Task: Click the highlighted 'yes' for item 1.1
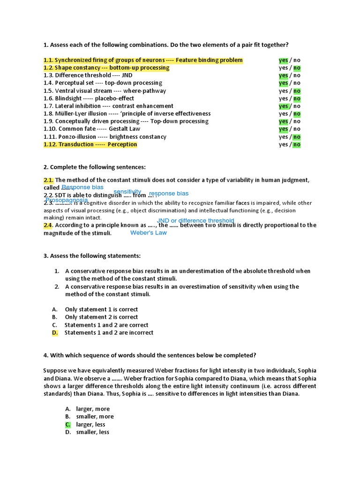283,60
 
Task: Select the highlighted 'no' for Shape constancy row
297,68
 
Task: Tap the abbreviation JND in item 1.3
127,75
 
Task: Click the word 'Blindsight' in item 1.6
70,98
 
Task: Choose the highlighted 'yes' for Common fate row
283,129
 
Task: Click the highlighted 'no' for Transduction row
297,144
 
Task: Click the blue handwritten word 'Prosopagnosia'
67,200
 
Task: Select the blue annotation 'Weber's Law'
148,233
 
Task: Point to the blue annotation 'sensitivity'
127,192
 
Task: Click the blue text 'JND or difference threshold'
195,221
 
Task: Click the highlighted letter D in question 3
55,333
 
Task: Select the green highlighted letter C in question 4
68,424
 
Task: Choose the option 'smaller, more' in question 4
95,416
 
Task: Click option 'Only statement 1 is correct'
101,309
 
